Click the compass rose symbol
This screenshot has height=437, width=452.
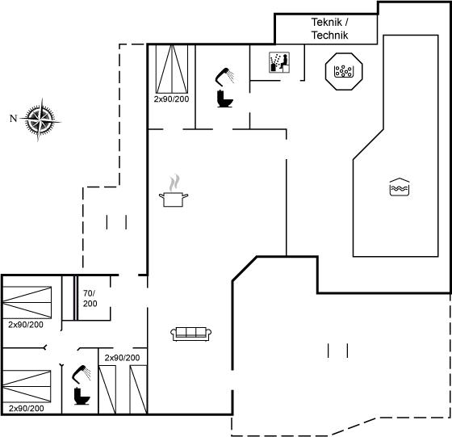tap(40, 120)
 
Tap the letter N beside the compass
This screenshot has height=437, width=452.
tap(13, 118)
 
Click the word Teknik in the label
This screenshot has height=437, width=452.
tap(327, 22)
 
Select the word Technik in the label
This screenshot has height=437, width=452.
tap(330, 36)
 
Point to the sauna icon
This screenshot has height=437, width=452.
tap(279, 62)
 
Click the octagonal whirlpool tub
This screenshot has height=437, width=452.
tap(344, 71)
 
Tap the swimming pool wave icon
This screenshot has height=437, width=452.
tap(400, 187)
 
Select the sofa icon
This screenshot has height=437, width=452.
tap(190, 334)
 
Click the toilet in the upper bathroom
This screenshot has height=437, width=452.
tap(225, 99)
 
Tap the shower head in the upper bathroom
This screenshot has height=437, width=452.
tap(225, 77)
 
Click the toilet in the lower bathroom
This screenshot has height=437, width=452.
tap(82, 397)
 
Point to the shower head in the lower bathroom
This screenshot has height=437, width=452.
tap(82, 374)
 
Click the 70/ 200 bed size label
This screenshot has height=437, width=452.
tap(90, 298)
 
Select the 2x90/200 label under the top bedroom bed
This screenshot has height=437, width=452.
tap(171, 99)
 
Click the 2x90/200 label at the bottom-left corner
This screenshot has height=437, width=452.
tap(26, 409)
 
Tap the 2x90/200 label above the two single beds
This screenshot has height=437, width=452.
tap(122, 358)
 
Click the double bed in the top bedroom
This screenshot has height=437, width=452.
tap(172, 69)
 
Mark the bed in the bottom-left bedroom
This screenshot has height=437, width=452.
tap(27, 386)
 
